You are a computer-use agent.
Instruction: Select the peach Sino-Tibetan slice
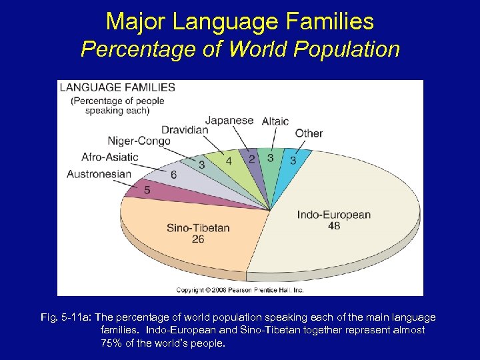pyautogui.click(x=200, y=230)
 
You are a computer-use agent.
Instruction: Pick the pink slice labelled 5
pyautogui.click(x=147, y=191)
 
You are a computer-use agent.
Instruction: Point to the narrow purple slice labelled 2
pyautogui.click(x=251, y=159)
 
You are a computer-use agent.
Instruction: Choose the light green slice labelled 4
pyautogui.click(x=229, y=161)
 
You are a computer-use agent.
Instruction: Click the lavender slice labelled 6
pyautogui.click(x=173, y=175)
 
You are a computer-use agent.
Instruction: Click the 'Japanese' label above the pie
pyautogui.click(x=229, y=121)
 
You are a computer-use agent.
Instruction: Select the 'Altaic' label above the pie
pyautogui.click(x=275, y=121)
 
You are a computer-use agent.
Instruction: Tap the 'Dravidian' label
pyautogui.click(x=185, y=129)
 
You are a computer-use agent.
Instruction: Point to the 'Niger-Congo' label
pyautogui.click(x=139, y=141)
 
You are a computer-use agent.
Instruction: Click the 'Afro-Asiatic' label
pyautogui.click(x=110, y=157)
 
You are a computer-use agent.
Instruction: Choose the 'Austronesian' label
pyautogui.click(x=99, y=174)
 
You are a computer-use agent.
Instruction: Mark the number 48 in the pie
pyautogui.click(x=334, y=226)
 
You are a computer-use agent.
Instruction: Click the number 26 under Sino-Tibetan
pyautogui.click(x=198, y=239)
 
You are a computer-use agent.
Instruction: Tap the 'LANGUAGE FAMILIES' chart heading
pyautogui.click(x=117, y=87)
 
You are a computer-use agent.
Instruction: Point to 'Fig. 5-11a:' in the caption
pyautogui.click(x=67, y=318)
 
